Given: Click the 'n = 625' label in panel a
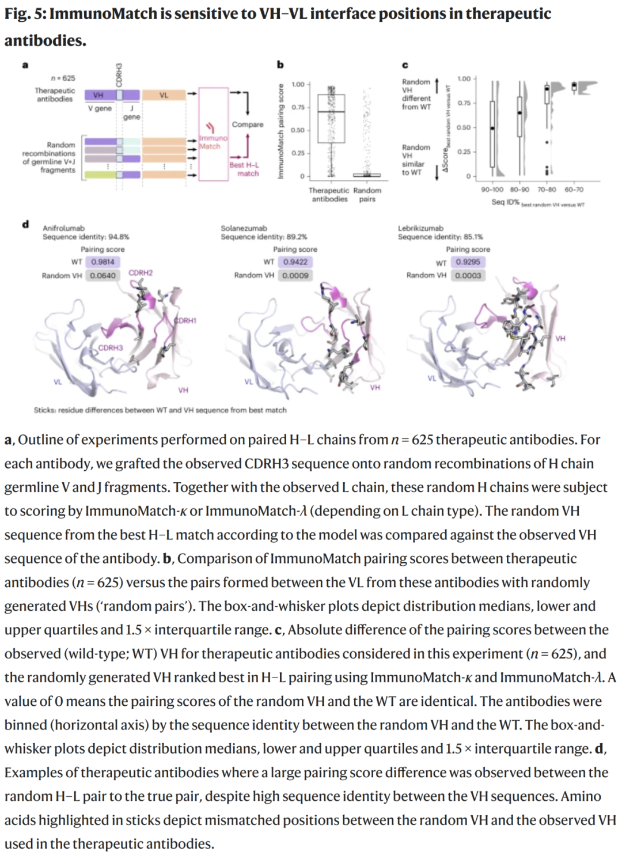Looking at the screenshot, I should coord(63,78).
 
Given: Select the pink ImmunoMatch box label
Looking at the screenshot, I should coord(213,142).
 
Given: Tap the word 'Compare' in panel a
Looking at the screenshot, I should coord(247,124).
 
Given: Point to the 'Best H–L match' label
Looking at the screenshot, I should coord(245,169).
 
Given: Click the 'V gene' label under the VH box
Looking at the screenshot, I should coord(100,108).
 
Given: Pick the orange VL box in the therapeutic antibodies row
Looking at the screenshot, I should coord(164,95).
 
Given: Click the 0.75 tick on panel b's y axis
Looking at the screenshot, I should coord(298,107).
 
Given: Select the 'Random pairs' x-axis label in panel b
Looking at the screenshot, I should coord(367,194).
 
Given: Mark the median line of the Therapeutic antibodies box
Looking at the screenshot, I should coord(331,112).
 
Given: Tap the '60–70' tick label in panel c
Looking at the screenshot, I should coord(574,189).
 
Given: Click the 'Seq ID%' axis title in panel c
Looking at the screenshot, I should coord(505,202).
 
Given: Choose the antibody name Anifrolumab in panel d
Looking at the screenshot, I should coord(63,228).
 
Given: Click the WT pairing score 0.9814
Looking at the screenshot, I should coord(103,262).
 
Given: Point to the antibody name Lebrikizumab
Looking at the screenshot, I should coord(420,228).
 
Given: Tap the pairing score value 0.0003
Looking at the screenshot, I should coord(468,275).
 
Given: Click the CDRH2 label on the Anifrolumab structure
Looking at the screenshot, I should coord(141,273).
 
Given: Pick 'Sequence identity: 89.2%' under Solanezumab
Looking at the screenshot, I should coord(264,237).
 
